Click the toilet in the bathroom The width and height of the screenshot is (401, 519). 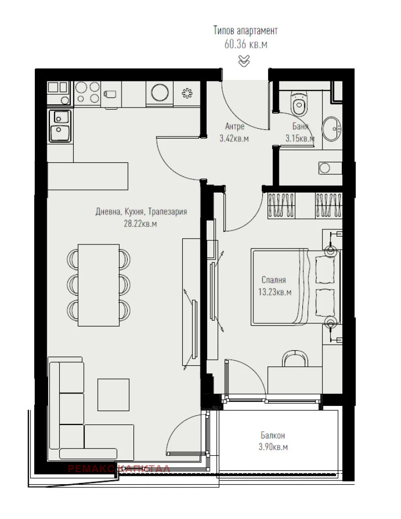[x=298, y=105]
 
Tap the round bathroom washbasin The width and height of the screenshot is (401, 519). [x=331, y=128]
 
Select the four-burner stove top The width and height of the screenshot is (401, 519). [x=87, y=92]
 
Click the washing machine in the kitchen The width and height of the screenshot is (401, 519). [x=159, y=92]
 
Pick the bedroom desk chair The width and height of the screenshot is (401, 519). [x=295, y=359]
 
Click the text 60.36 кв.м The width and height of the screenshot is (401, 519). [x=246, y=44]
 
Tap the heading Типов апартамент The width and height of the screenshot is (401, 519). [x=246, y=31]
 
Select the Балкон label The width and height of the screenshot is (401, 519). [x=273, y=435]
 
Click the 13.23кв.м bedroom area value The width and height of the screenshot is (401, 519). [x=275, y=292]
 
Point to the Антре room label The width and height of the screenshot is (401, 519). [x=234, y=126]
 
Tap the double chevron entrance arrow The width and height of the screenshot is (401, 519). [x=244, y=61]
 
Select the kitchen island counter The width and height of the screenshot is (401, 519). [x=88, y=176]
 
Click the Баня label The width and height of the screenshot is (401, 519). [x=300, y=126]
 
